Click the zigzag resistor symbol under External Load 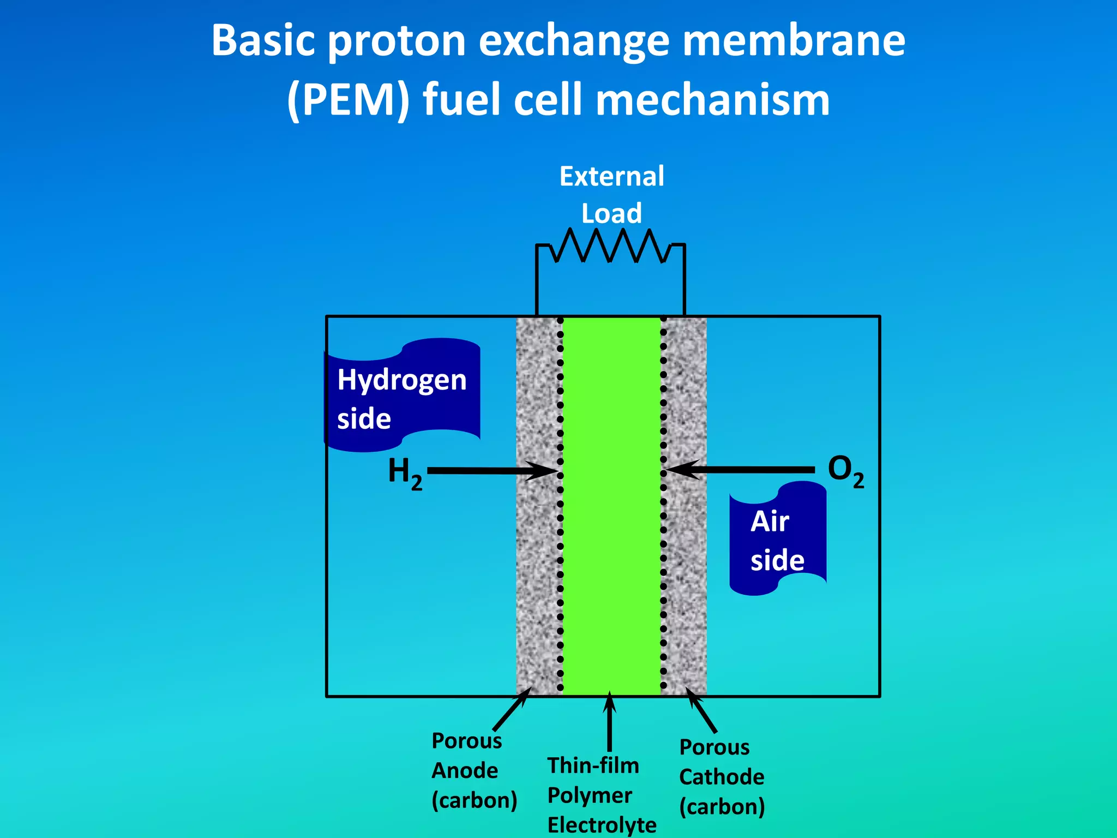tap(610, 246)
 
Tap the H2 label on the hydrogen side tap(405, 472)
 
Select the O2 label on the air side tap(845, 470)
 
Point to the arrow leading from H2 tap(491, 471)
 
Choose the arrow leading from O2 tap(742, 469)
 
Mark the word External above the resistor tap(611, 177)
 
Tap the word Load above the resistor tap(611, 213)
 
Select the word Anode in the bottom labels tap(465, 771)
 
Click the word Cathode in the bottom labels tap(722, 777)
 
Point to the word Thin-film tap(593, 765)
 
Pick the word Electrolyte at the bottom tap(602, 825)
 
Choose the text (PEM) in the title tap(348, 100)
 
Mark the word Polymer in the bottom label tap(590, 795)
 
